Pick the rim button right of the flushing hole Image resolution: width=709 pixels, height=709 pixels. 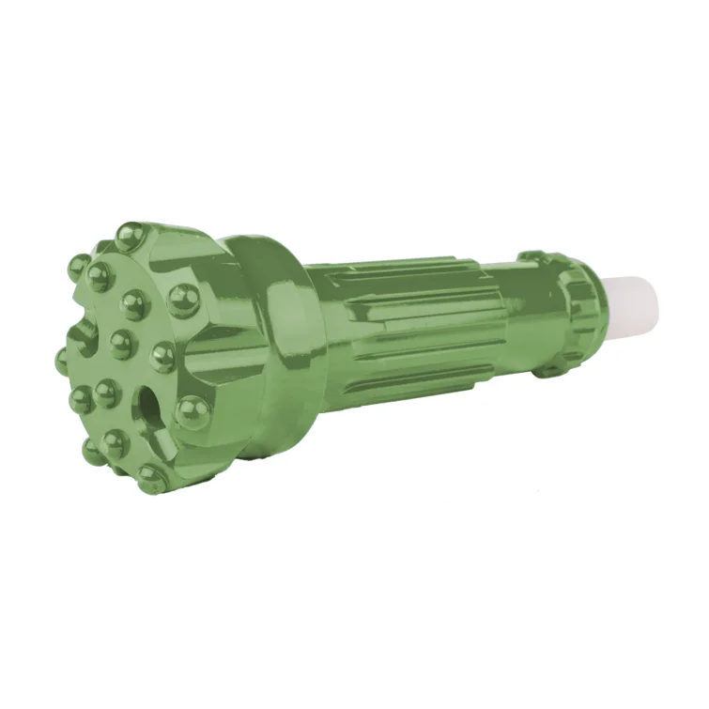tap(193, 409)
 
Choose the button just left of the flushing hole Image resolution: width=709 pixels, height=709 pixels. tap(105, 393)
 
